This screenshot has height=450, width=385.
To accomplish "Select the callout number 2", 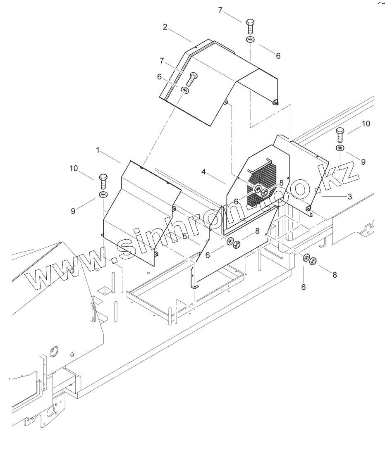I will [165, 27].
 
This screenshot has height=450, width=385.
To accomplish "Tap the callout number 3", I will [349, 197].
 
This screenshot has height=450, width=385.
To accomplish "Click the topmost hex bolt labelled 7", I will [250, 26].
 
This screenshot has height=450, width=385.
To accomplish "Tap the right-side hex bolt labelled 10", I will [340, 135].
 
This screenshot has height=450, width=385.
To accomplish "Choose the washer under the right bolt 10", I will [340, 148].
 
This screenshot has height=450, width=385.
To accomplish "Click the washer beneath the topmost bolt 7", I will [250, 40].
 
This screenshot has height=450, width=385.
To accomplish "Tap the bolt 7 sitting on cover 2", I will [192, 78].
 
